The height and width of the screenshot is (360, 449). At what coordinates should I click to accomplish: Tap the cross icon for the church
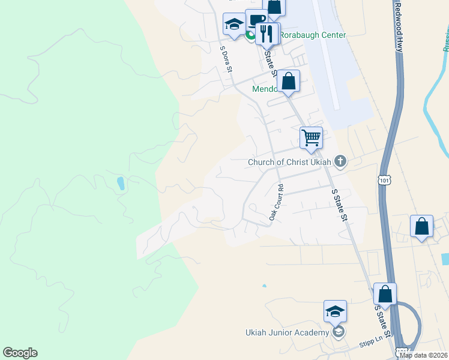click(x=340, y=161)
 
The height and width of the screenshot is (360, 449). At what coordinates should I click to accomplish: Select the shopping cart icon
click(x=311, y=137)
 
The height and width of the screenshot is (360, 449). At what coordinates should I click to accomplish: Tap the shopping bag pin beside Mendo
click(x=288, y=81)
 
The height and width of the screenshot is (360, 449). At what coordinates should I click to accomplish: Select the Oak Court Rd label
click(x=276, y=202)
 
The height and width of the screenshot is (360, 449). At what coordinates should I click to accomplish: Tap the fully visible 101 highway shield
click(x=384, y=179)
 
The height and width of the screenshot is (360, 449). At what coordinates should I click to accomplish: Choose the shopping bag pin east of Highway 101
click(x=422, y=227)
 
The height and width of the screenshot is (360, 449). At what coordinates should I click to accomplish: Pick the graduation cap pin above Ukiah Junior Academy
click(x=335, y=311)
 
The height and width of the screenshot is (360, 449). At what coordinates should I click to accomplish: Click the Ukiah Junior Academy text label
click(x=287, y=333)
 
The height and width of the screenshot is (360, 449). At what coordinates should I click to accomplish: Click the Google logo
click(x=20, y=353)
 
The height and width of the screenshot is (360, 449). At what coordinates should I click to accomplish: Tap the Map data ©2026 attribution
click(x=423, y=355)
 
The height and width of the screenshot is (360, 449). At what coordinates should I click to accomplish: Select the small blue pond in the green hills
click(x=121, y=183)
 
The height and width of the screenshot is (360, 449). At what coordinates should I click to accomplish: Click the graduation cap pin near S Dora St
click(x=234, y=25)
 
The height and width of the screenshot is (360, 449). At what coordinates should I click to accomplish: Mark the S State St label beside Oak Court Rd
click(x=340, y=205)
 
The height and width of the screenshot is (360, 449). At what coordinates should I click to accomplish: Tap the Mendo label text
click(x=265, y=89)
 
